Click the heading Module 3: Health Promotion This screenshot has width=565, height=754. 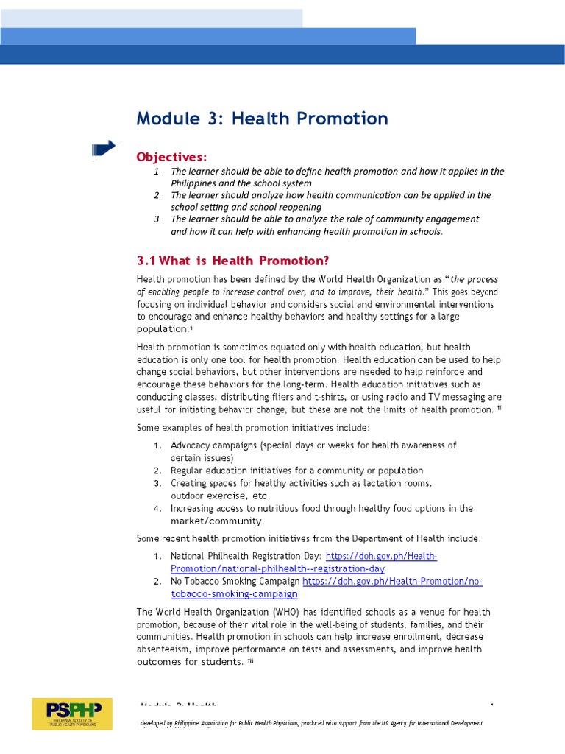262,119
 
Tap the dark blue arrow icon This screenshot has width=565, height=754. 104,149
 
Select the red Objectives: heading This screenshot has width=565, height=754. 171,157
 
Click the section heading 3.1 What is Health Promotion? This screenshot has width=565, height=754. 232,261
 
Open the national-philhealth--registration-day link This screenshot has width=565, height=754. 277,569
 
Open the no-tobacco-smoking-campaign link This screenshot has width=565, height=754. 234,593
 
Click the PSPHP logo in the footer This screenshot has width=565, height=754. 71,714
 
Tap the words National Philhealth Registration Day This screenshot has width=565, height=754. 246,557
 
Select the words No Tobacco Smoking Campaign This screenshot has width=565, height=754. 235,582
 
